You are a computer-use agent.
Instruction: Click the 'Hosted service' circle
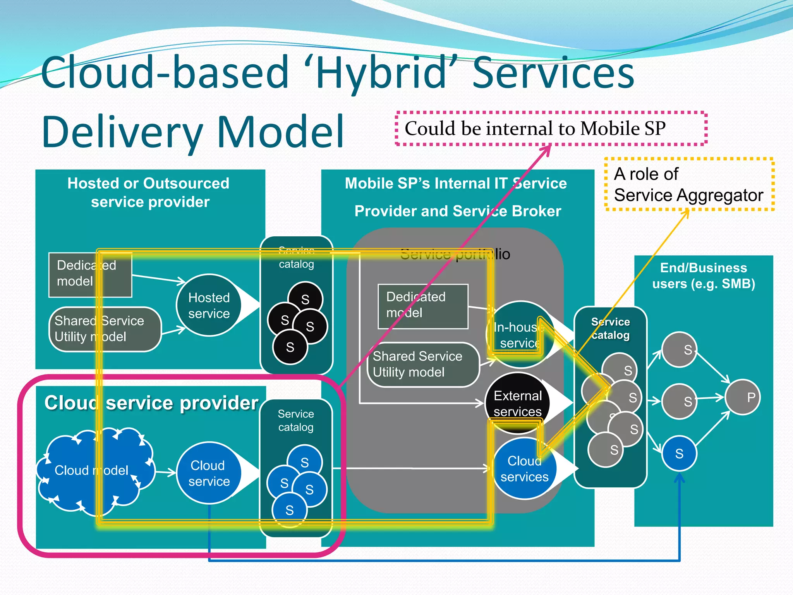(209, 305)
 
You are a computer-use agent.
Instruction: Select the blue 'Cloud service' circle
(209, 473)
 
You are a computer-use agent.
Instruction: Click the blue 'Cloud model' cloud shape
(93, 470)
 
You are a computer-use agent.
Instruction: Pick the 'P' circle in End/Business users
(743, 397)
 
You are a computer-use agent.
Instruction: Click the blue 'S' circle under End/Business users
(679, 453)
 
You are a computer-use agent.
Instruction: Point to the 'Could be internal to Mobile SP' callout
(551, 129)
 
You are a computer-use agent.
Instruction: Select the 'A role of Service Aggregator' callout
(688, 184)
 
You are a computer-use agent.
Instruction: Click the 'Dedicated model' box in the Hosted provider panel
(90, 275)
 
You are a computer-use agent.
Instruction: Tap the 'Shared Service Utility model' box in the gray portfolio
(423, 364)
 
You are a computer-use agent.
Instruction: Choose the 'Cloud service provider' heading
(151, 403)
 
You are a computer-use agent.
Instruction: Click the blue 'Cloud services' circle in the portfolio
(524, 469)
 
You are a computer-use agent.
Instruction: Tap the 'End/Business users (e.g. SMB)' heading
(704, 275)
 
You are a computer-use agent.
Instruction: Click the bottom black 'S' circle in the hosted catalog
(290, 347)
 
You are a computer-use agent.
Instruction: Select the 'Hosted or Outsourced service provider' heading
(149, 193)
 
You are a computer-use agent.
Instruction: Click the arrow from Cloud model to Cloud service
(165, 472)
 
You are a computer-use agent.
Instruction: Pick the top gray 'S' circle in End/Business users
(679, 349)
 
